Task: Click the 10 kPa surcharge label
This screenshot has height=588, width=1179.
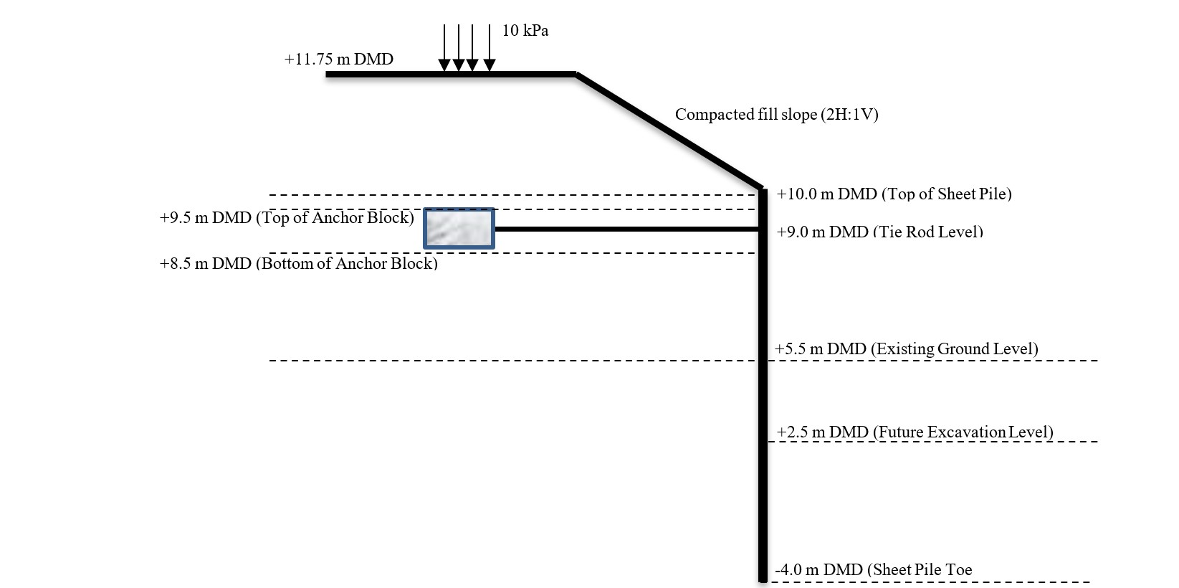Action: (525, 31)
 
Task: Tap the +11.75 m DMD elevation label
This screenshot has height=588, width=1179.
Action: (338, 60)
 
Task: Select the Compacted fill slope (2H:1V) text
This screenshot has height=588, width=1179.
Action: (776, 115)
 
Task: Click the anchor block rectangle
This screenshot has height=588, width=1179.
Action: (459, 229)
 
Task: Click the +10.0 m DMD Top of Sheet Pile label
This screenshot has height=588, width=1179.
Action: (894, 194)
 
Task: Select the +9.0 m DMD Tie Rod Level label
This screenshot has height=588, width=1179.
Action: (879, 232)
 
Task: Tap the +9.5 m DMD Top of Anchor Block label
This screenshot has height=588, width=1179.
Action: (287, 218)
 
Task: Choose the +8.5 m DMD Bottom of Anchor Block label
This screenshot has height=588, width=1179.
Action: (298, 264)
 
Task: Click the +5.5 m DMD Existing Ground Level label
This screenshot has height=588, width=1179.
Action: (906, 349)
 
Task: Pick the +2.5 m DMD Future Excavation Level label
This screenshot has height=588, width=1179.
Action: (915, 432)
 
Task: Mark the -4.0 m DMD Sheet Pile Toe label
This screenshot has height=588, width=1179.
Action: (874, 570)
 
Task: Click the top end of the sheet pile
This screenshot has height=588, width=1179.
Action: (763, 191)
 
